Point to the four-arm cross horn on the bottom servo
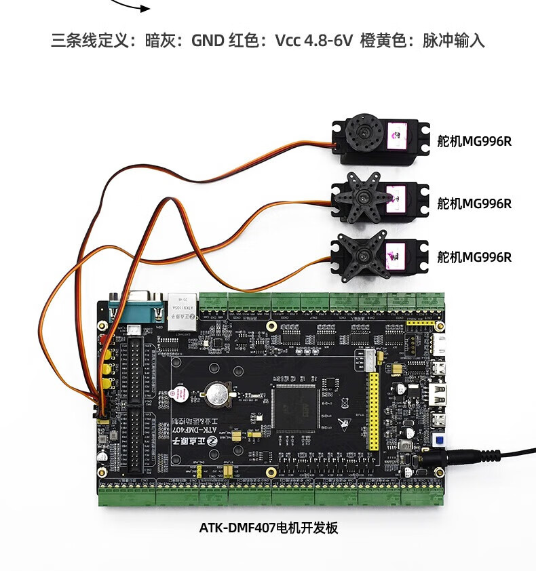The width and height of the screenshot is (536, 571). (362, 253)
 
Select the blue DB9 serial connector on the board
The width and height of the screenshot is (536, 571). (138, 306)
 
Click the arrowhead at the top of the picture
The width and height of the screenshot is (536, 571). (145, 8)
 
